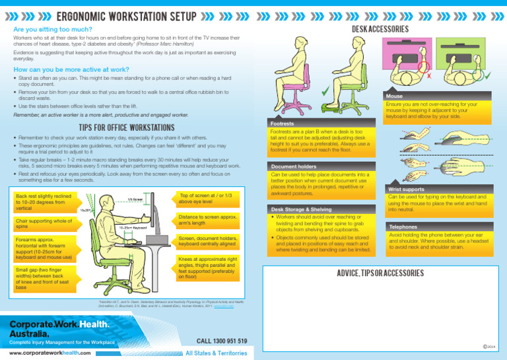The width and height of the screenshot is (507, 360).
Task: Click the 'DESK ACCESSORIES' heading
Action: click(x=380, y=29)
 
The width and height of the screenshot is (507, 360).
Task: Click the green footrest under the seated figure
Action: click(x=334, y=109)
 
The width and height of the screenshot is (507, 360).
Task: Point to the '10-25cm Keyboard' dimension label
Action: click(x=133, y=227)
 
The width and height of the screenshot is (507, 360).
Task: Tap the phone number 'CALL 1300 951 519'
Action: click(x=222, y=340)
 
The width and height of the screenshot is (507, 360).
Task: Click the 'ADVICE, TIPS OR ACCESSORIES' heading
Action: click(x=380, y=273)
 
